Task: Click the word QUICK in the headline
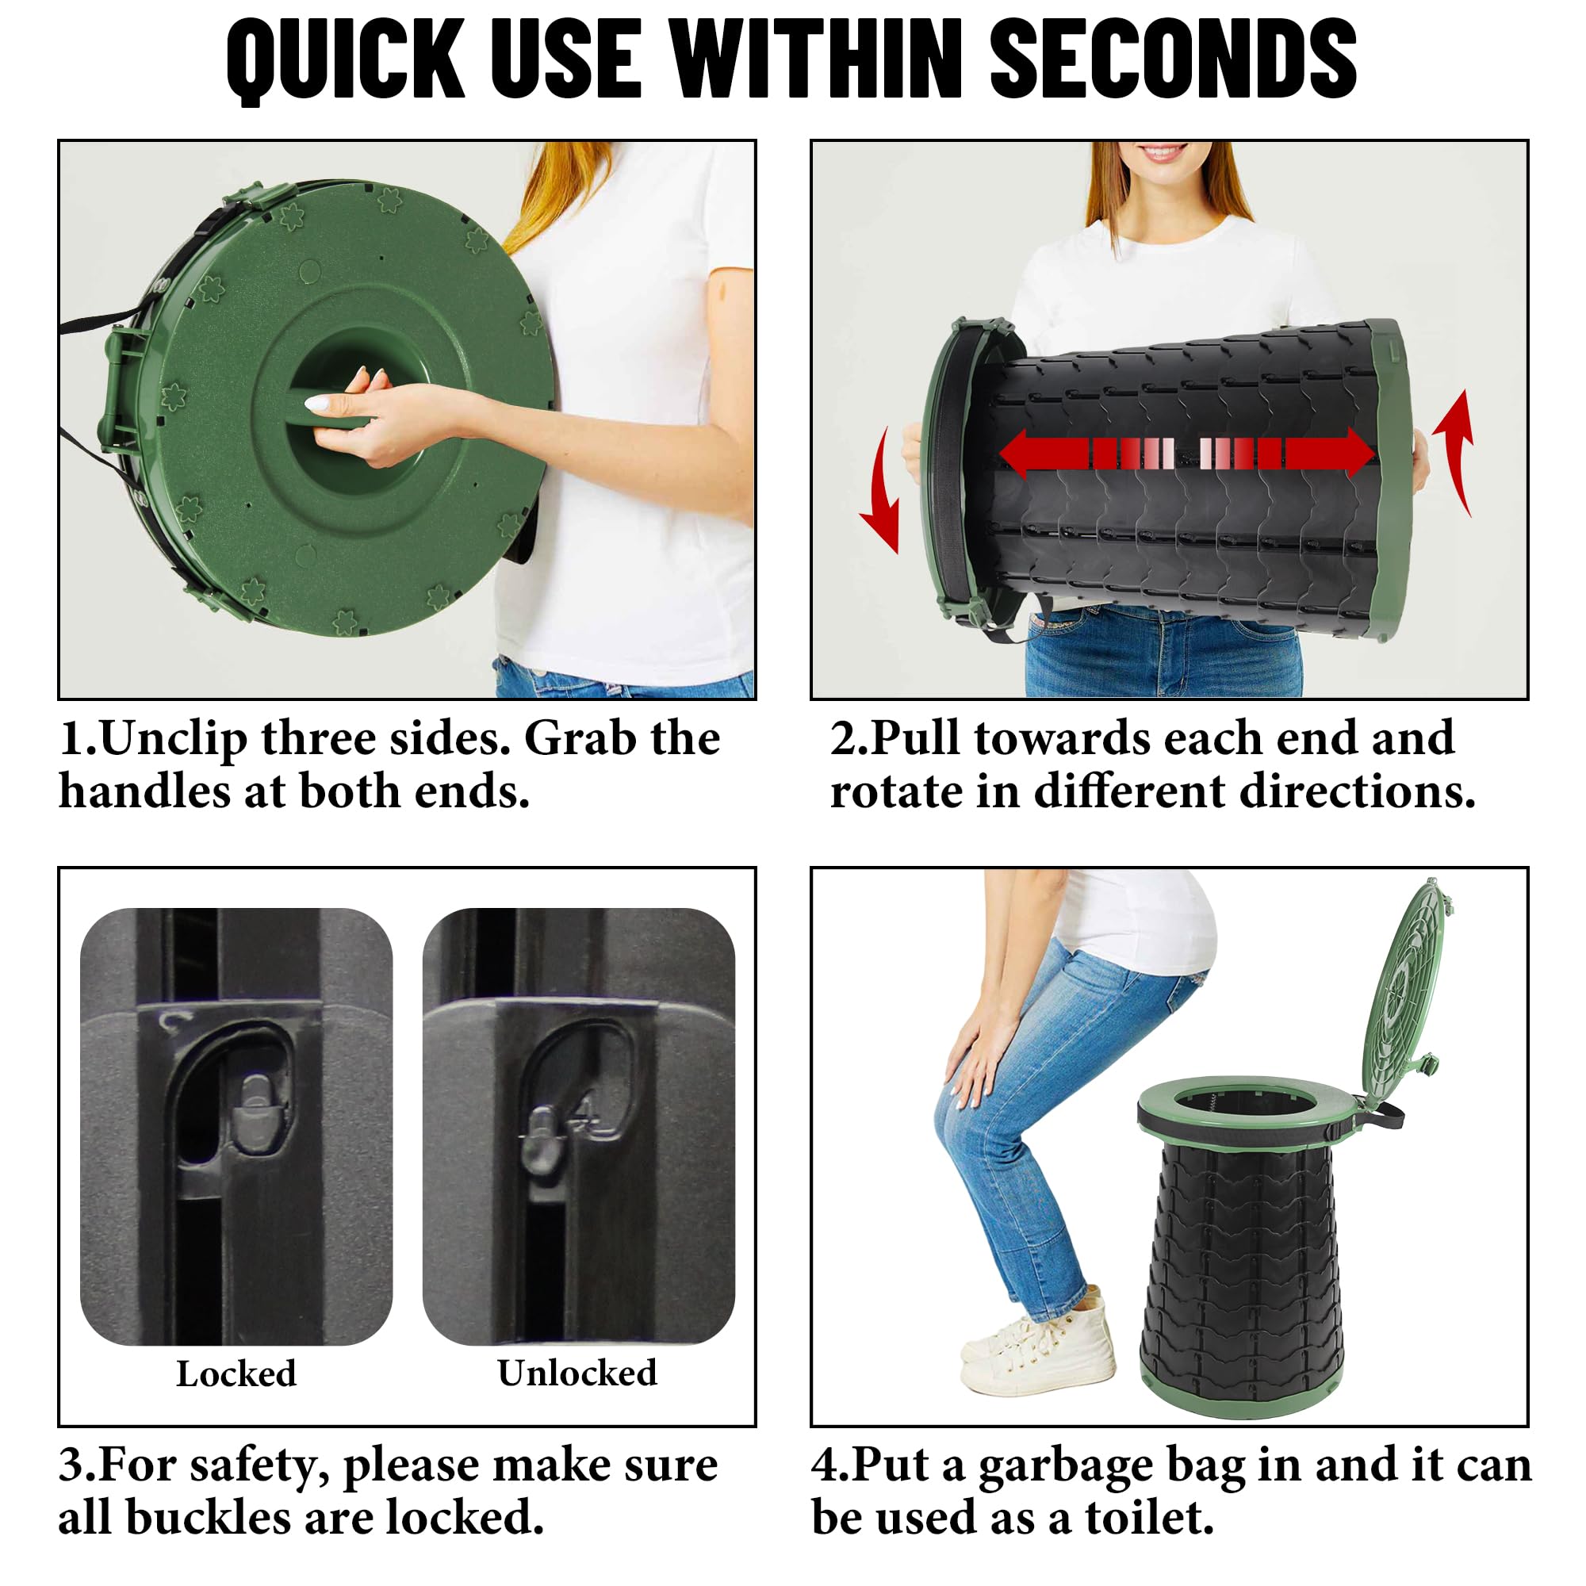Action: [346, 60]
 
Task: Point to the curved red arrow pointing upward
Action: [1455, 451]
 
